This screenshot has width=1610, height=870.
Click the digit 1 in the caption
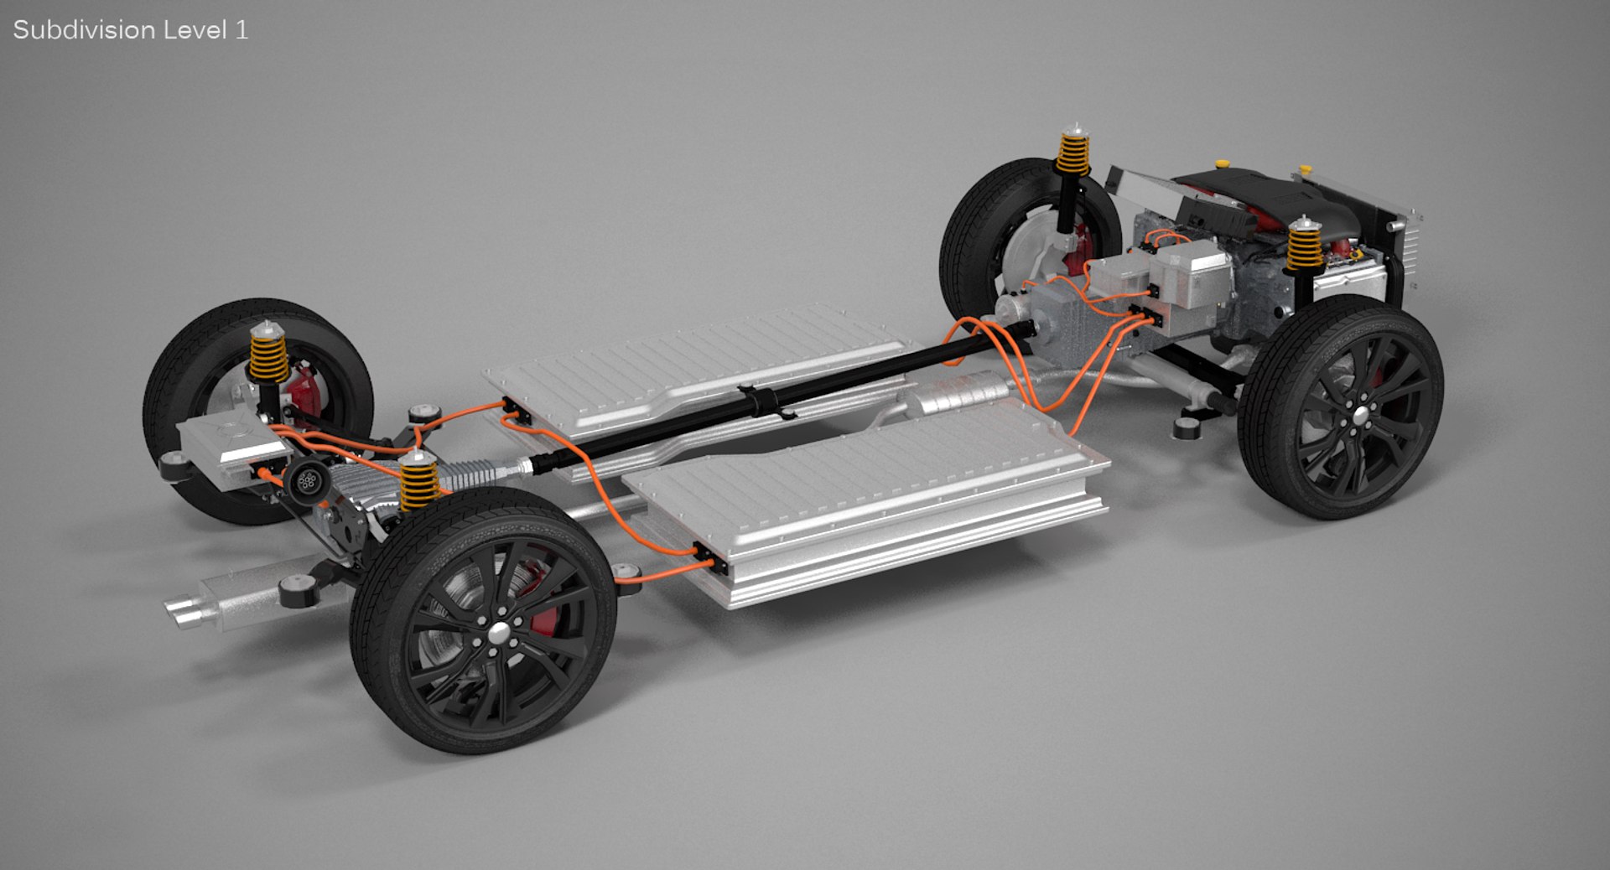(241, 30)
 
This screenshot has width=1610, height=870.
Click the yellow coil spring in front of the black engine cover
(1304, 245)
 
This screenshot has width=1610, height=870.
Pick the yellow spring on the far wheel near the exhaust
(268, 355)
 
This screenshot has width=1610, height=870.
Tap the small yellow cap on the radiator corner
(1305, 170)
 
